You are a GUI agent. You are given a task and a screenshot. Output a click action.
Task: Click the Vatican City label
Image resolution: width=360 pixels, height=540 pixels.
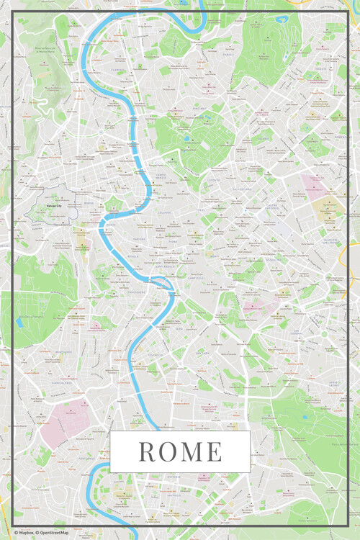(x=47, y=207)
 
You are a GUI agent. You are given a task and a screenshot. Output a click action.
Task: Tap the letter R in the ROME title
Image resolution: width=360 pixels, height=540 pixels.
(x=146, y=451)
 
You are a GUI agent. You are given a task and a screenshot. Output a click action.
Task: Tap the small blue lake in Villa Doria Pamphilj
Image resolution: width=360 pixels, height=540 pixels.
(x=19, y=322)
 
